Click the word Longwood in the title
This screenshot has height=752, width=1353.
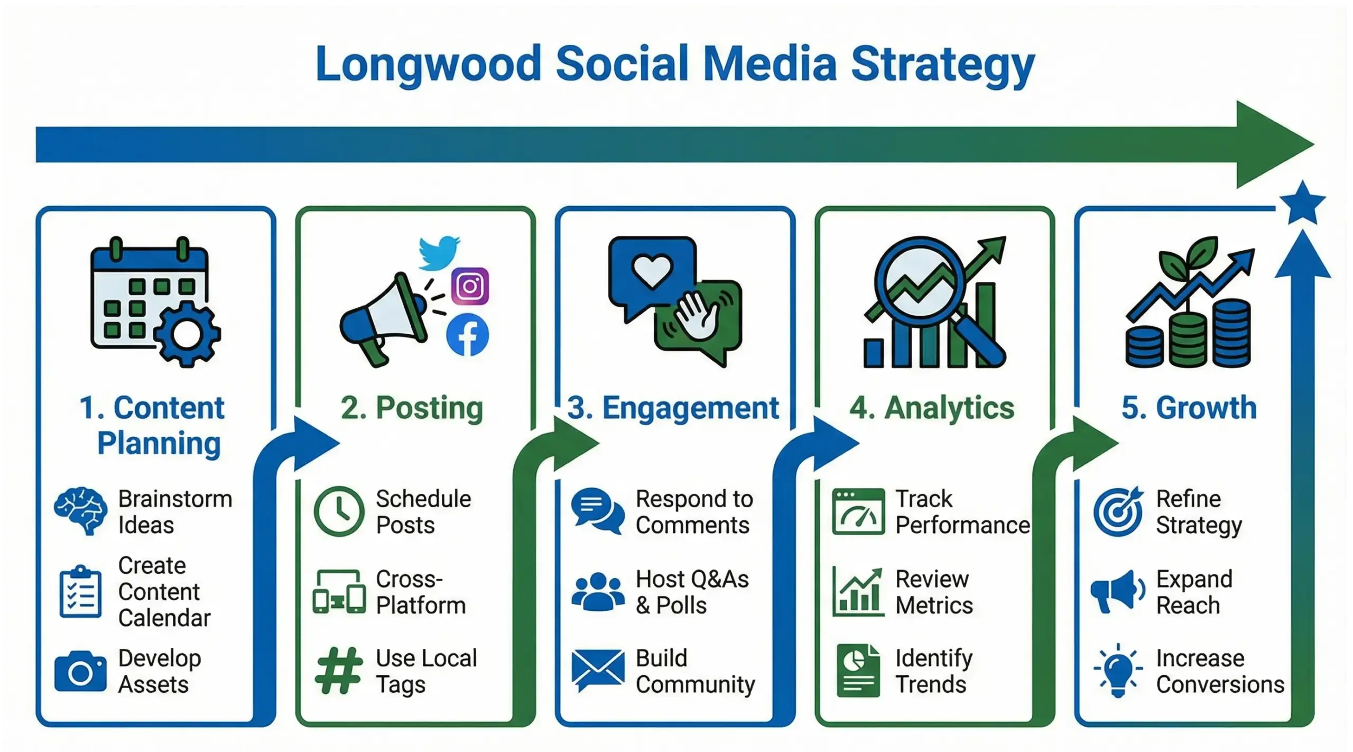[428, 65]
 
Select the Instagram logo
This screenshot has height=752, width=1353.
[470, 286]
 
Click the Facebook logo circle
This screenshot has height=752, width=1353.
[468, 335]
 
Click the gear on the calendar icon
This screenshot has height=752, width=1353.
[187, 334]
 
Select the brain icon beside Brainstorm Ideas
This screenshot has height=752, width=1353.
[79, 511]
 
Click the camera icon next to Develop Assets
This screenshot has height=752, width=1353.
[80, 672]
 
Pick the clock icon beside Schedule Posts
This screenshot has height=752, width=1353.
[339, 511]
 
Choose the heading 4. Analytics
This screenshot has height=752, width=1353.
[932, 408]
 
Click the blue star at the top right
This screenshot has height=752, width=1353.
[1302, 204]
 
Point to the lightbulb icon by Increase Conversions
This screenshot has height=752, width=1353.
[1118, 670]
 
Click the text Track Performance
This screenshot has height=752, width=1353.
[962, 512]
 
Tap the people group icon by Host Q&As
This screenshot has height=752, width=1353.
[598, 592]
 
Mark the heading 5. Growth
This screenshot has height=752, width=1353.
[1189, 408]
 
